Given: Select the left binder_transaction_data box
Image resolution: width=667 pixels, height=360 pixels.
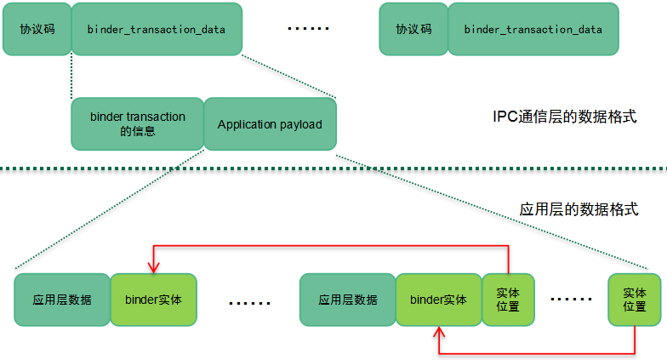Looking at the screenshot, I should pos(157,29).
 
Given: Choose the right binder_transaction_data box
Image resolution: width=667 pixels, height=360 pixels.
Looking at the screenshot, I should pos(533,29).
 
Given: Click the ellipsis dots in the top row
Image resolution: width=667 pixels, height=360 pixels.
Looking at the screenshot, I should pos(307,29).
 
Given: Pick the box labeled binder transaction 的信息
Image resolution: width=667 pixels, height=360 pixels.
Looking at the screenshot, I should pos(137,124).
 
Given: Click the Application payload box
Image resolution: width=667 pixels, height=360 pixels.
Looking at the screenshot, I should pos(270,124).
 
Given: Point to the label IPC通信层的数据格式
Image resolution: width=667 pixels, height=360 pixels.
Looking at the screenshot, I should pos(565,117).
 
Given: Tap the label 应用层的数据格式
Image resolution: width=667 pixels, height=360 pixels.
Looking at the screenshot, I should pos(579,209).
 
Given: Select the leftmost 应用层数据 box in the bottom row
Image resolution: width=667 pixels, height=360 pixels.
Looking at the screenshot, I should pos(62,300).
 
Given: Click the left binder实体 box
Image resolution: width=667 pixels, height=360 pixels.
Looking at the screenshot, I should pos(153,300).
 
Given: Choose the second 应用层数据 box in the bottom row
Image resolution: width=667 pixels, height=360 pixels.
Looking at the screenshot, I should pos(348,300).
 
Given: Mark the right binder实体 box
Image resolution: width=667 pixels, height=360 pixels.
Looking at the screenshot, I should pos(438,300).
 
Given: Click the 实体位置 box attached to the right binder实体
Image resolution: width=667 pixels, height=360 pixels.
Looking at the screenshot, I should pos(508,300).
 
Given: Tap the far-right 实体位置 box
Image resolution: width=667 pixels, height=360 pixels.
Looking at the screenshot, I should pos(635,300).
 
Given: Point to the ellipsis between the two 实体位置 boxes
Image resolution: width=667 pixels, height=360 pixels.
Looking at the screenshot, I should pos(571,300).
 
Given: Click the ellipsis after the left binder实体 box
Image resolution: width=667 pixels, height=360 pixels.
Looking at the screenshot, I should pos(249,302).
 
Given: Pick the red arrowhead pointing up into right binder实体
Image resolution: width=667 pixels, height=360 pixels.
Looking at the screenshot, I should pos(439,331).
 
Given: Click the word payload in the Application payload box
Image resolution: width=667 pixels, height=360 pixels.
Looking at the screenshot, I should pos(301,124).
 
